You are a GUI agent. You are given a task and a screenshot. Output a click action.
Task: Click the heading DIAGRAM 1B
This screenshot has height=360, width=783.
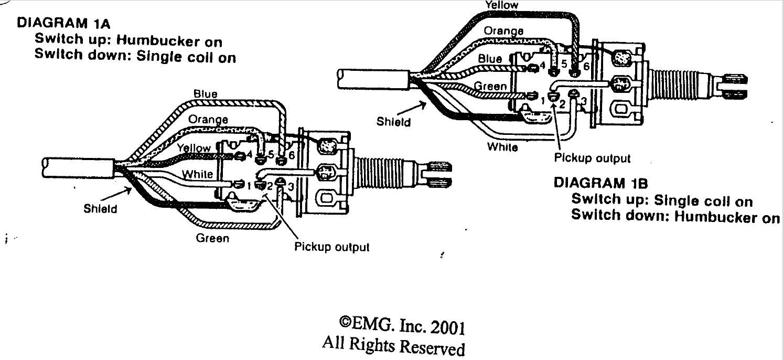[601, 183]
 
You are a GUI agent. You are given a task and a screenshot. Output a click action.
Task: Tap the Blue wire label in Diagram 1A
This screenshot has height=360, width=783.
[206, 94]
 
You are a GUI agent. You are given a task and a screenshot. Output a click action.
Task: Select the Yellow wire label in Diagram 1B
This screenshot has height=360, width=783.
[501, 5]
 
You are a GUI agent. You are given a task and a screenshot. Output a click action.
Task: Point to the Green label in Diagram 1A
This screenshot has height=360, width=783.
[212, 239]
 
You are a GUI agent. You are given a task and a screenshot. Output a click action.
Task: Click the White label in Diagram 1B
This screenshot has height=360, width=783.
[502, 147]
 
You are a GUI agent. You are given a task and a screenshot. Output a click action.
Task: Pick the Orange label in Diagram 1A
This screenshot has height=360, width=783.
[208, 120]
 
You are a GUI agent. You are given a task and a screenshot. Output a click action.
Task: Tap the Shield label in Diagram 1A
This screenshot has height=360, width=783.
[100, 208]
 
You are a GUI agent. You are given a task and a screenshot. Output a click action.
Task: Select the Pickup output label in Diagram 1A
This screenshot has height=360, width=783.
[332, 247]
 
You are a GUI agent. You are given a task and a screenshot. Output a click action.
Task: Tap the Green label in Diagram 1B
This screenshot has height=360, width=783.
[490, 86]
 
